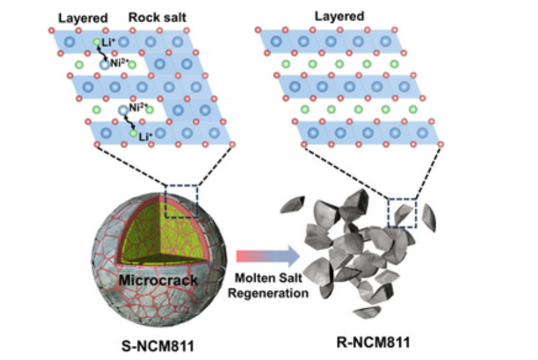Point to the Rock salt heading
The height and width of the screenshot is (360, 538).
coord(156,16)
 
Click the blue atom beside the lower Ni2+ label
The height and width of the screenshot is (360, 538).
coord(123,111)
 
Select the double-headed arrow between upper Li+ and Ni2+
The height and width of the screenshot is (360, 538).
coord(100,54)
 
